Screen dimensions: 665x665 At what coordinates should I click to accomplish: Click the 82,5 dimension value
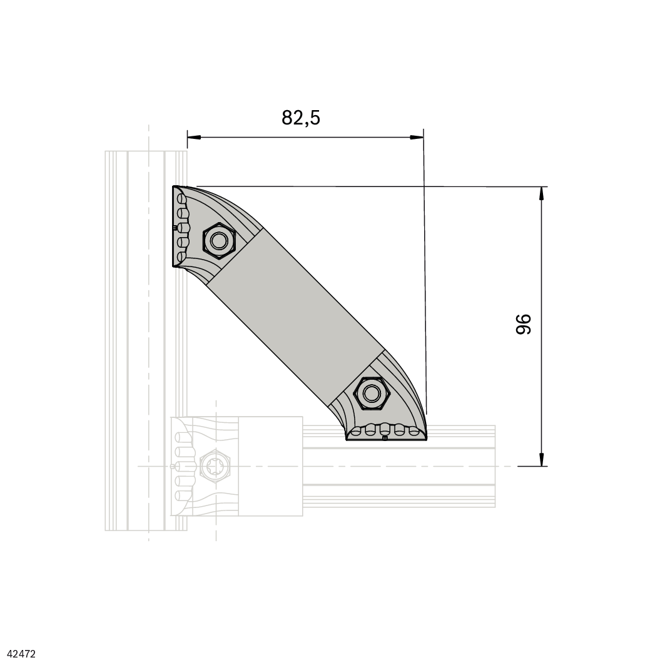tap(301, 118)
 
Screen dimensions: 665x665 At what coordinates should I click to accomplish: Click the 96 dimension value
tap(524, 325)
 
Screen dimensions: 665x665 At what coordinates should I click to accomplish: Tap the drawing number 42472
tap(22, 654)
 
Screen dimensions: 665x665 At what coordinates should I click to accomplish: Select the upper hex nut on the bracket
tap(219, 241)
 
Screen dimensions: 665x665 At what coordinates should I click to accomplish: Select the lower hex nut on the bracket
tap(372, 393)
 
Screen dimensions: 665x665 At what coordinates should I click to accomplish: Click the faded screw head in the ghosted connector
tap(215, 466)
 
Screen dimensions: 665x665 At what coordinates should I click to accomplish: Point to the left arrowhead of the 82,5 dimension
tap(194, 137)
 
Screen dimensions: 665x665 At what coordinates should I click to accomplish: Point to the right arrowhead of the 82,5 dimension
tap(417, 137)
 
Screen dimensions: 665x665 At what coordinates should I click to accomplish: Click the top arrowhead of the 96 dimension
tap(541, 193)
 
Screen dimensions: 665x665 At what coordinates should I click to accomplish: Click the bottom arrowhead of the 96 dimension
tap(541, 459)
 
